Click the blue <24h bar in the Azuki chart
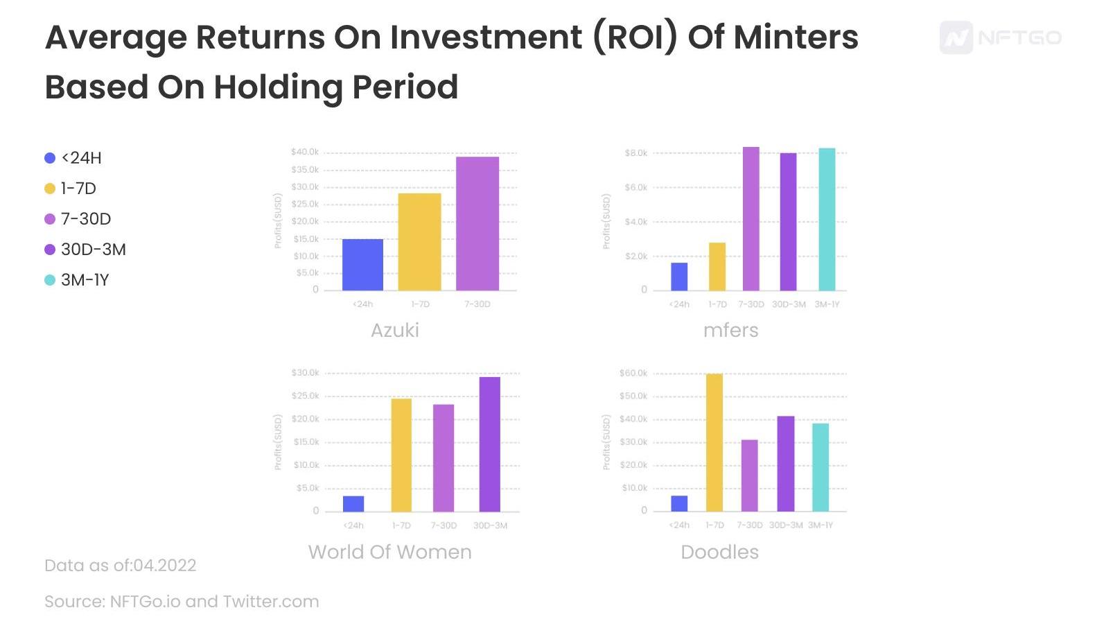[362, 264]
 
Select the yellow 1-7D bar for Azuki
[419, 241]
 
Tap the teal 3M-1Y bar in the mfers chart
[827, 219]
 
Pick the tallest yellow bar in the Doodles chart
[714, 442]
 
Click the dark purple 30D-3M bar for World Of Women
[489, 444]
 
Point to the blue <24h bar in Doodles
[679, 503]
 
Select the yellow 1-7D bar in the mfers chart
[717, 266]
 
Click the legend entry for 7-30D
[86, 219]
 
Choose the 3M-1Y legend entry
[85, 280]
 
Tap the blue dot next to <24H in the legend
[50, 158]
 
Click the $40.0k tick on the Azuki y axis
[305, 152]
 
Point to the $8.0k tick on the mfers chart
[636, 152]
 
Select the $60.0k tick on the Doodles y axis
[633, 373]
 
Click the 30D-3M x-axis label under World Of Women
[490, 525]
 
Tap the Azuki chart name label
[395, 330]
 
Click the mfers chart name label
[730, 330]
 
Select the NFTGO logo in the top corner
[1000, 37]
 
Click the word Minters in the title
[796, 37]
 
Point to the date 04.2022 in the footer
[164, 566]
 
